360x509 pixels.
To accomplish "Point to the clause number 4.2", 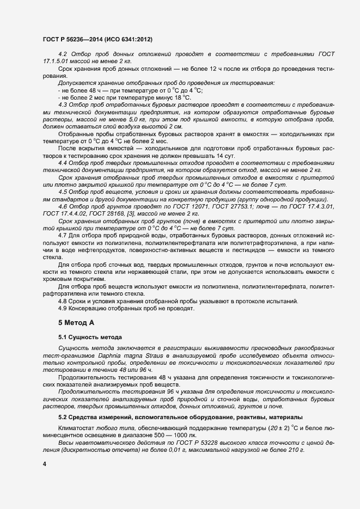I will [x=62, y=54].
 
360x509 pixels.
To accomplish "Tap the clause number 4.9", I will [x=62, y=308].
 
